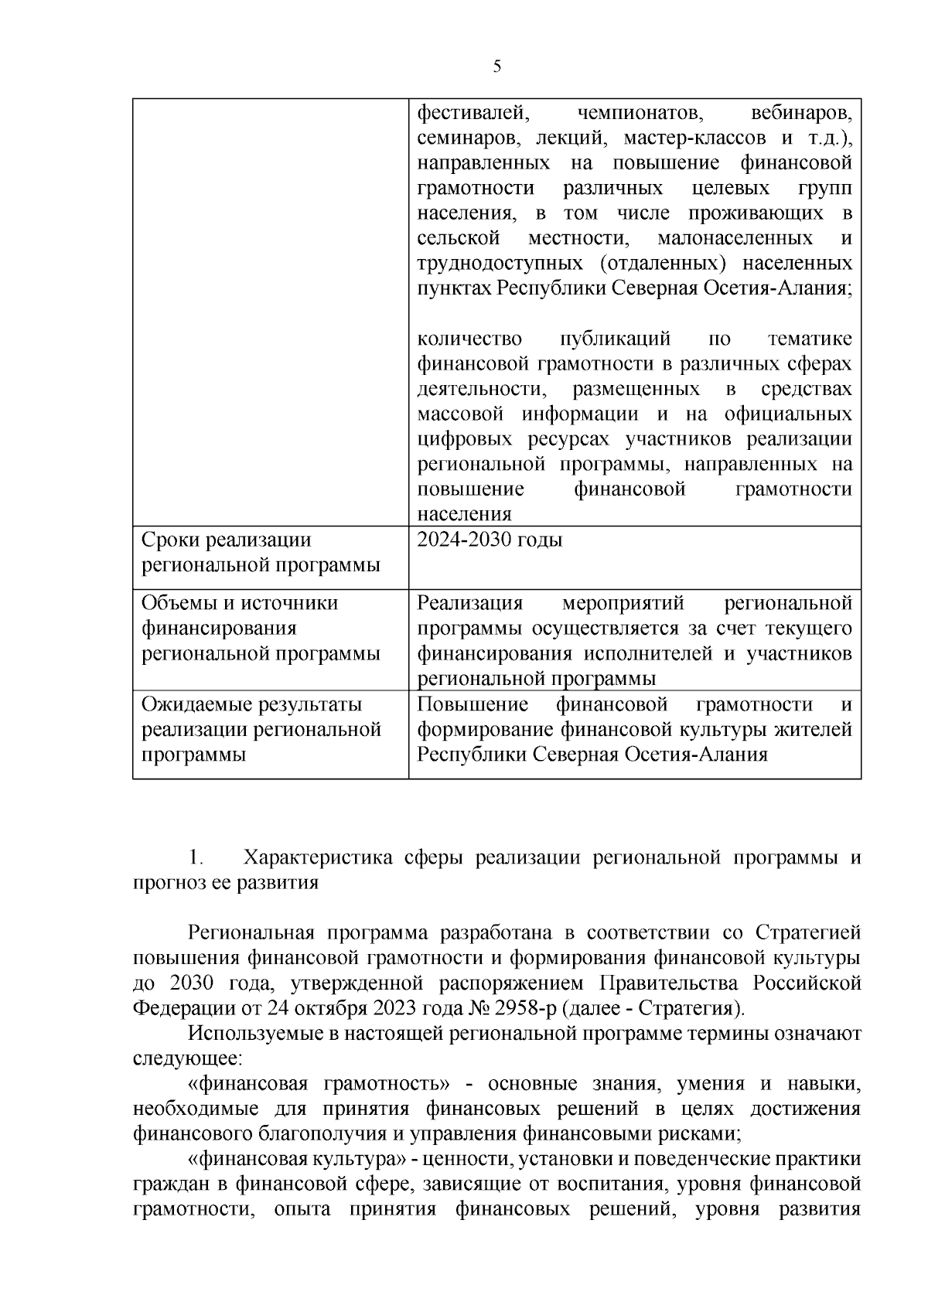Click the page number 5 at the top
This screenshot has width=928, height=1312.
tap(497, 66)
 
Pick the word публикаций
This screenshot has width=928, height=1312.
tap(613, 339)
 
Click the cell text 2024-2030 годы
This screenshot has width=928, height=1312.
tap(490, 540)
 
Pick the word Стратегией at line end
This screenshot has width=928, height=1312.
tap(807, 933)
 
